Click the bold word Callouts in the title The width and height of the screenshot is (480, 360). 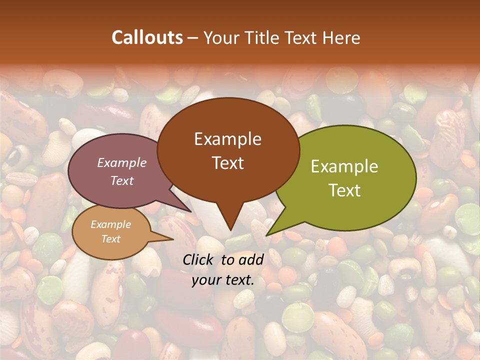point(147,37)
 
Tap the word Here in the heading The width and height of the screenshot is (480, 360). point(342,37)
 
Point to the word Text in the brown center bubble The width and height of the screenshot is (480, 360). point(227,162)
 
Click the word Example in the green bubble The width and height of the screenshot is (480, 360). point(344,166)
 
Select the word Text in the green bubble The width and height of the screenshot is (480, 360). point(344,190)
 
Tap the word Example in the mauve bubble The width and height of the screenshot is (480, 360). point(122,162)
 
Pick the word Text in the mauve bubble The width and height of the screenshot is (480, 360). point(122,180)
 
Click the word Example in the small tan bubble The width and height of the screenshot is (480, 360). point(110,224)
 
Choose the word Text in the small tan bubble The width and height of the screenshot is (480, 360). point(110,239)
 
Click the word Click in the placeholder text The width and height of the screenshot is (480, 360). point(198,259)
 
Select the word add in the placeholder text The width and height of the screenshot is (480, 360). point(251,259)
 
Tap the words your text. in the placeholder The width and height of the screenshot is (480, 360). point(223,280)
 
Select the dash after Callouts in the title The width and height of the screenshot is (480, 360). point(192,37)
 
